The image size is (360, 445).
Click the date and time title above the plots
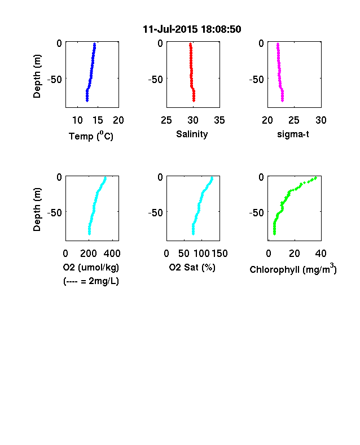(192, 29)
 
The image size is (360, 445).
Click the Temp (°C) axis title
(91, 136)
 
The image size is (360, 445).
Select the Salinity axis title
(192, 134)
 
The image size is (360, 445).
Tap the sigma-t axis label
(293, 134)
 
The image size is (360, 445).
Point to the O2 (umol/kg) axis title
(91, 267)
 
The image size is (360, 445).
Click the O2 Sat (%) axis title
(192, 267)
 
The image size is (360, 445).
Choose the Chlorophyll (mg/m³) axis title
(293, 269)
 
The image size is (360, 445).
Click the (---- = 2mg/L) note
(91, 281)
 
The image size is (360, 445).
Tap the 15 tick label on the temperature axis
(98, 120)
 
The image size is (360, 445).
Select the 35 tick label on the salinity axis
(219, 120)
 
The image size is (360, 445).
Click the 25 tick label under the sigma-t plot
(294, 120)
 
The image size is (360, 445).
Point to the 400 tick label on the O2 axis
(112, 254)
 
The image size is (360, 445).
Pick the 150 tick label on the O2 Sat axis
(219, 254)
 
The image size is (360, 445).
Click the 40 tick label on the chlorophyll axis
(321, 254)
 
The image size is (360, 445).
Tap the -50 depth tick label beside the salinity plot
(156, 80)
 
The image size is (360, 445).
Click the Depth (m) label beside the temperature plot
(37, 76)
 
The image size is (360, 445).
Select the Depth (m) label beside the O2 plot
(37, 210)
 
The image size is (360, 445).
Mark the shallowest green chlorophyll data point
(315, 178)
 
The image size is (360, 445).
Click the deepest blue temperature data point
(87, 100)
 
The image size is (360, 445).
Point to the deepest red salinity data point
(194, 100)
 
